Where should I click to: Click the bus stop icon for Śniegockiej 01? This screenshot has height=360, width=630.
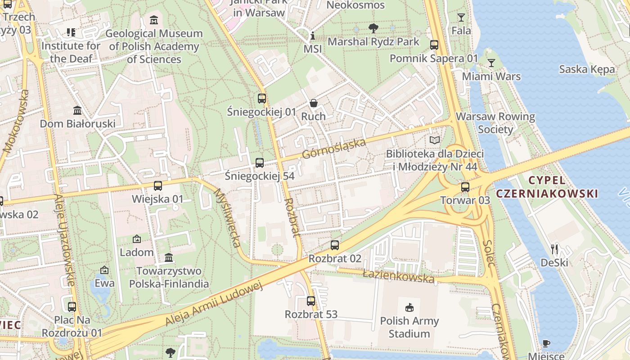[261, 98]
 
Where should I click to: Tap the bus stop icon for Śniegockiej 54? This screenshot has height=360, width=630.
[259, 163]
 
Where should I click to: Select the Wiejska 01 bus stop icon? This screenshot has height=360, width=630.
[157, 186]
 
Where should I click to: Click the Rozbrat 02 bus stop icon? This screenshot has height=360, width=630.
[334, 245]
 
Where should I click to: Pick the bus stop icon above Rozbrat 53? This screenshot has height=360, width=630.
[310, 301]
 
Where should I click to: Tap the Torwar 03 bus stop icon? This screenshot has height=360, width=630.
[465, 187]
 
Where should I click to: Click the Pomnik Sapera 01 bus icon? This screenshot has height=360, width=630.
[434, 45]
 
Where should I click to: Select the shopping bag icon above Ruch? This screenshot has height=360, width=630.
[313, 103]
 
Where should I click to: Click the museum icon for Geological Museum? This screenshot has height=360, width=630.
[154, 20]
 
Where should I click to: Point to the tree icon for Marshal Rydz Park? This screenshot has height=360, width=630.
[373, 28]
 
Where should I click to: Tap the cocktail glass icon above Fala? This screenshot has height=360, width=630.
[461, 18]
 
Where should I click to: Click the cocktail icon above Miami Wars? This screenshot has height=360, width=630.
[491, 63]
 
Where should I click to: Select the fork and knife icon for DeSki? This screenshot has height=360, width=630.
[554, 249]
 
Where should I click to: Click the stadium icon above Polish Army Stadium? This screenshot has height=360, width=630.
[409, 308]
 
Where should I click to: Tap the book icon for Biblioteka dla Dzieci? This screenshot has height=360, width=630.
[434, 140]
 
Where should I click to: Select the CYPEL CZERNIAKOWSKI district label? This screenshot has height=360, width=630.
[547, 187]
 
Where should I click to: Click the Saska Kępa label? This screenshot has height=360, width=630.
[587, 69]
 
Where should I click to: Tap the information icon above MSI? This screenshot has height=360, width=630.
[313, 36]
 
